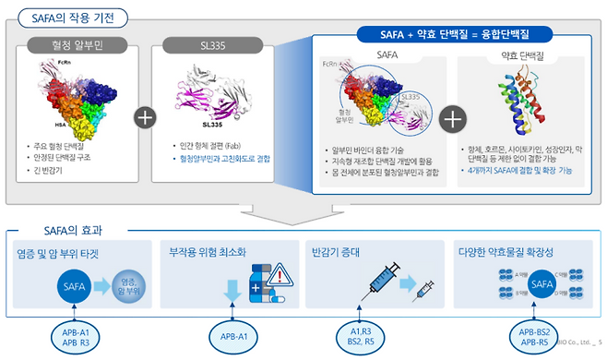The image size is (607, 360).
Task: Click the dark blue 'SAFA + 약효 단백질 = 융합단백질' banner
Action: click(454, 34)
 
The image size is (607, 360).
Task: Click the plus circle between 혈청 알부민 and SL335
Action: click(144, 118)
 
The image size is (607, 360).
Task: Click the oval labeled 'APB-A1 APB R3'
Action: click(74, 336)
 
